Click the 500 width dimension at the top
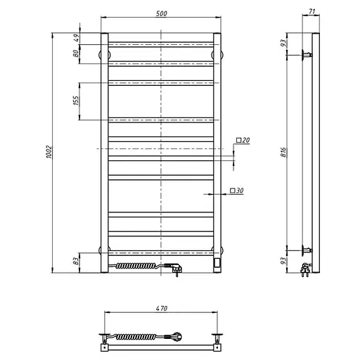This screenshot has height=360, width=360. tap(161, 9)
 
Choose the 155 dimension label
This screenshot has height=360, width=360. tap(75, 101)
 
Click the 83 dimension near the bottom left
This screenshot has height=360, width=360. tap(76, 262)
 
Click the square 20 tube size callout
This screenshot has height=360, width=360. tap(243, 141)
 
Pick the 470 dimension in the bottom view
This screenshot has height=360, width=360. tap(161, 307)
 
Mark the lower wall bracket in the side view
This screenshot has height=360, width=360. tap(307, 250)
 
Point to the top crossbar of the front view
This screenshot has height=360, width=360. tap(161, 45)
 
